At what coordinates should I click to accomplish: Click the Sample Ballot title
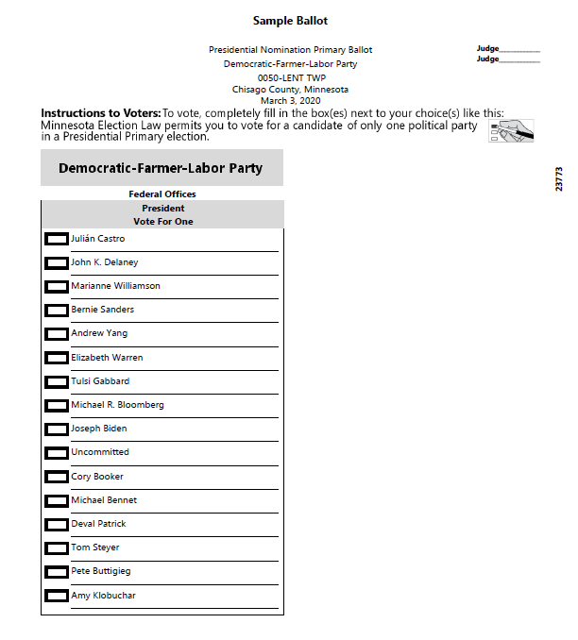point(290,21)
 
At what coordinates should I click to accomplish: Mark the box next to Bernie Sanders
point(57,311)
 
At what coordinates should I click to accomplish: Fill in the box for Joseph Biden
point(57,429)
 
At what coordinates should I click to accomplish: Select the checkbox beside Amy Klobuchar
point(57,597)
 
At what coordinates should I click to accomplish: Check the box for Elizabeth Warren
point(57,359)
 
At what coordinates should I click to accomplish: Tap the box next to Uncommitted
point(57,453)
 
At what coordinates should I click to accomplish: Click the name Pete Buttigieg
point(100,571)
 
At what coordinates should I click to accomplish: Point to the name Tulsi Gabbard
point(100,381)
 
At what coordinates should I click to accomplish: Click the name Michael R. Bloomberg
point(117,405)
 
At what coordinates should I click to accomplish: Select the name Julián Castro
point(97,239)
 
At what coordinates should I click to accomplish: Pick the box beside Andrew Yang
point(57,334)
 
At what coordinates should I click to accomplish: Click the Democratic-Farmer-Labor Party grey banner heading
point(161,168)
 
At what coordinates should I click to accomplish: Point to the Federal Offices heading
point(161,194)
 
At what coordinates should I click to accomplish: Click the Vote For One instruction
point(162,221)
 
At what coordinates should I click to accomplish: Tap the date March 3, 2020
point(290,101)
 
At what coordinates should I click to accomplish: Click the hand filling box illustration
point(511,131)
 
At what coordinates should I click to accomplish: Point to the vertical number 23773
point(559,179)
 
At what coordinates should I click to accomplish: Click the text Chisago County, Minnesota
point(290,90)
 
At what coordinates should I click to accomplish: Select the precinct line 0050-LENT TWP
point(290,77)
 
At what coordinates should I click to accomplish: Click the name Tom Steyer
point(94,547)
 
